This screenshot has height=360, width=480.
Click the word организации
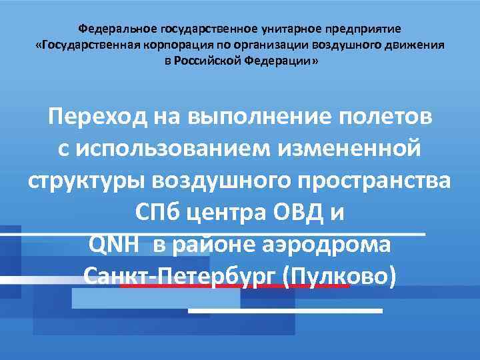tap(273, 45)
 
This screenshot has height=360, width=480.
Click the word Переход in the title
tap(98, 118)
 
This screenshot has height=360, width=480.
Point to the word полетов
tap(386, 118)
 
